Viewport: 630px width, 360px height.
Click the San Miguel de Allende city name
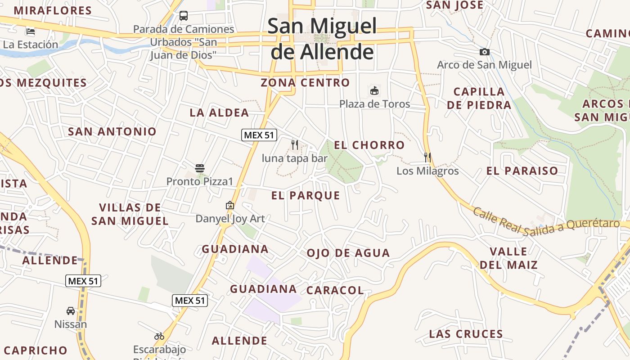pos(322,39)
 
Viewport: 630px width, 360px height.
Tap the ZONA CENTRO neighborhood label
pos(305,83)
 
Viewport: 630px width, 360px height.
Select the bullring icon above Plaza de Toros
pos(374,90)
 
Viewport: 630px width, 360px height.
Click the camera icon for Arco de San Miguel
pos(484,52)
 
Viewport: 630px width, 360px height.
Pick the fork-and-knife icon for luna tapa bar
pos(295,144)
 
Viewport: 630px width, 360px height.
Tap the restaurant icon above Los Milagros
pos(427,157)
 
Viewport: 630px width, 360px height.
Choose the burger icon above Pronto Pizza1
pos(200,168)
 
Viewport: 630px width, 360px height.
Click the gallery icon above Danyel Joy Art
pos(230,205)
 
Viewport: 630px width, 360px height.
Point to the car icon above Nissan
pos(71,310)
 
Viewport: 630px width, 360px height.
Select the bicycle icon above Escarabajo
pos(159,336)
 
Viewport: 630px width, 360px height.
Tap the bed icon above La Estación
pos(31,31)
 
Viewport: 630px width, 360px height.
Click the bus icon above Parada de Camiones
pos(184,16)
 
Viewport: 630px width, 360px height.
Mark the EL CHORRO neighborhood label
pos(369,145)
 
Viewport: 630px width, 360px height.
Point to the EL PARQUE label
pos(306,195)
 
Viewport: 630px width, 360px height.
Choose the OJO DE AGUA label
pos(348,253)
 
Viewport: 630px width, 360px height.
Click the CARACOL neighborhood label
pos(335,290)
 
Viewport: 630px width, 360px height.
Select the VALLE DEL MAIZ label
pos(508,258)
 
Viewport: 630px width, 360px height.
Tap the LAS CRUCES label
pos(466,334)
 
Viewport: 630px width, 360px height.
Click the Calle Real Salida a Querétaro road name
pos(545,222)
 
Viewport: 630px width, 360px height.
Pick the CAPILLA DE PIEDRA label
pos(479,98)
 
